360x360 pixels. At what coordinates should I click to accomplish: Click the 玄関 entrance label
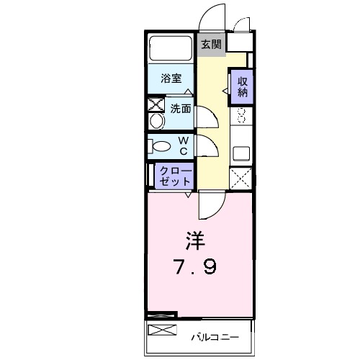tap(210, 45)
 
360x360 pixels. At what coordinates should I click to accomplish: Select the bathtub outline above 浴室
tap(171, 49)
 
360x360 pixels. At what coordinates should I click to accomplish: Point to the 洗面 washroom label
tap(180, 109)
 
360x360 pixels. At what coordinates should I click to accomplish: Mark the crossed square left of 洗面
tap(156, 104)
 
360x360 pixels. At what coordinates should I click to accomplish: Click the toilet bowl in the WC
tap(161, 147)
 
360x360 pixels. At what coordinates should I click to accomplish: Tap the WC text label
tap(184, 145)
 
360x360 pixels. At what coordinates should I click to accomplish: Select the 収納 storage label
tap(242, 86)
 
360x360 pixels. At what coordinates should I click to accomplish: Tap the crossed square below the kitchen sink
tap(241, 177)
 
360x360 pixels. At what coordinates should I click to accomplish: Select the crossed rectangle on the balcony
tap(162, 330)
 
